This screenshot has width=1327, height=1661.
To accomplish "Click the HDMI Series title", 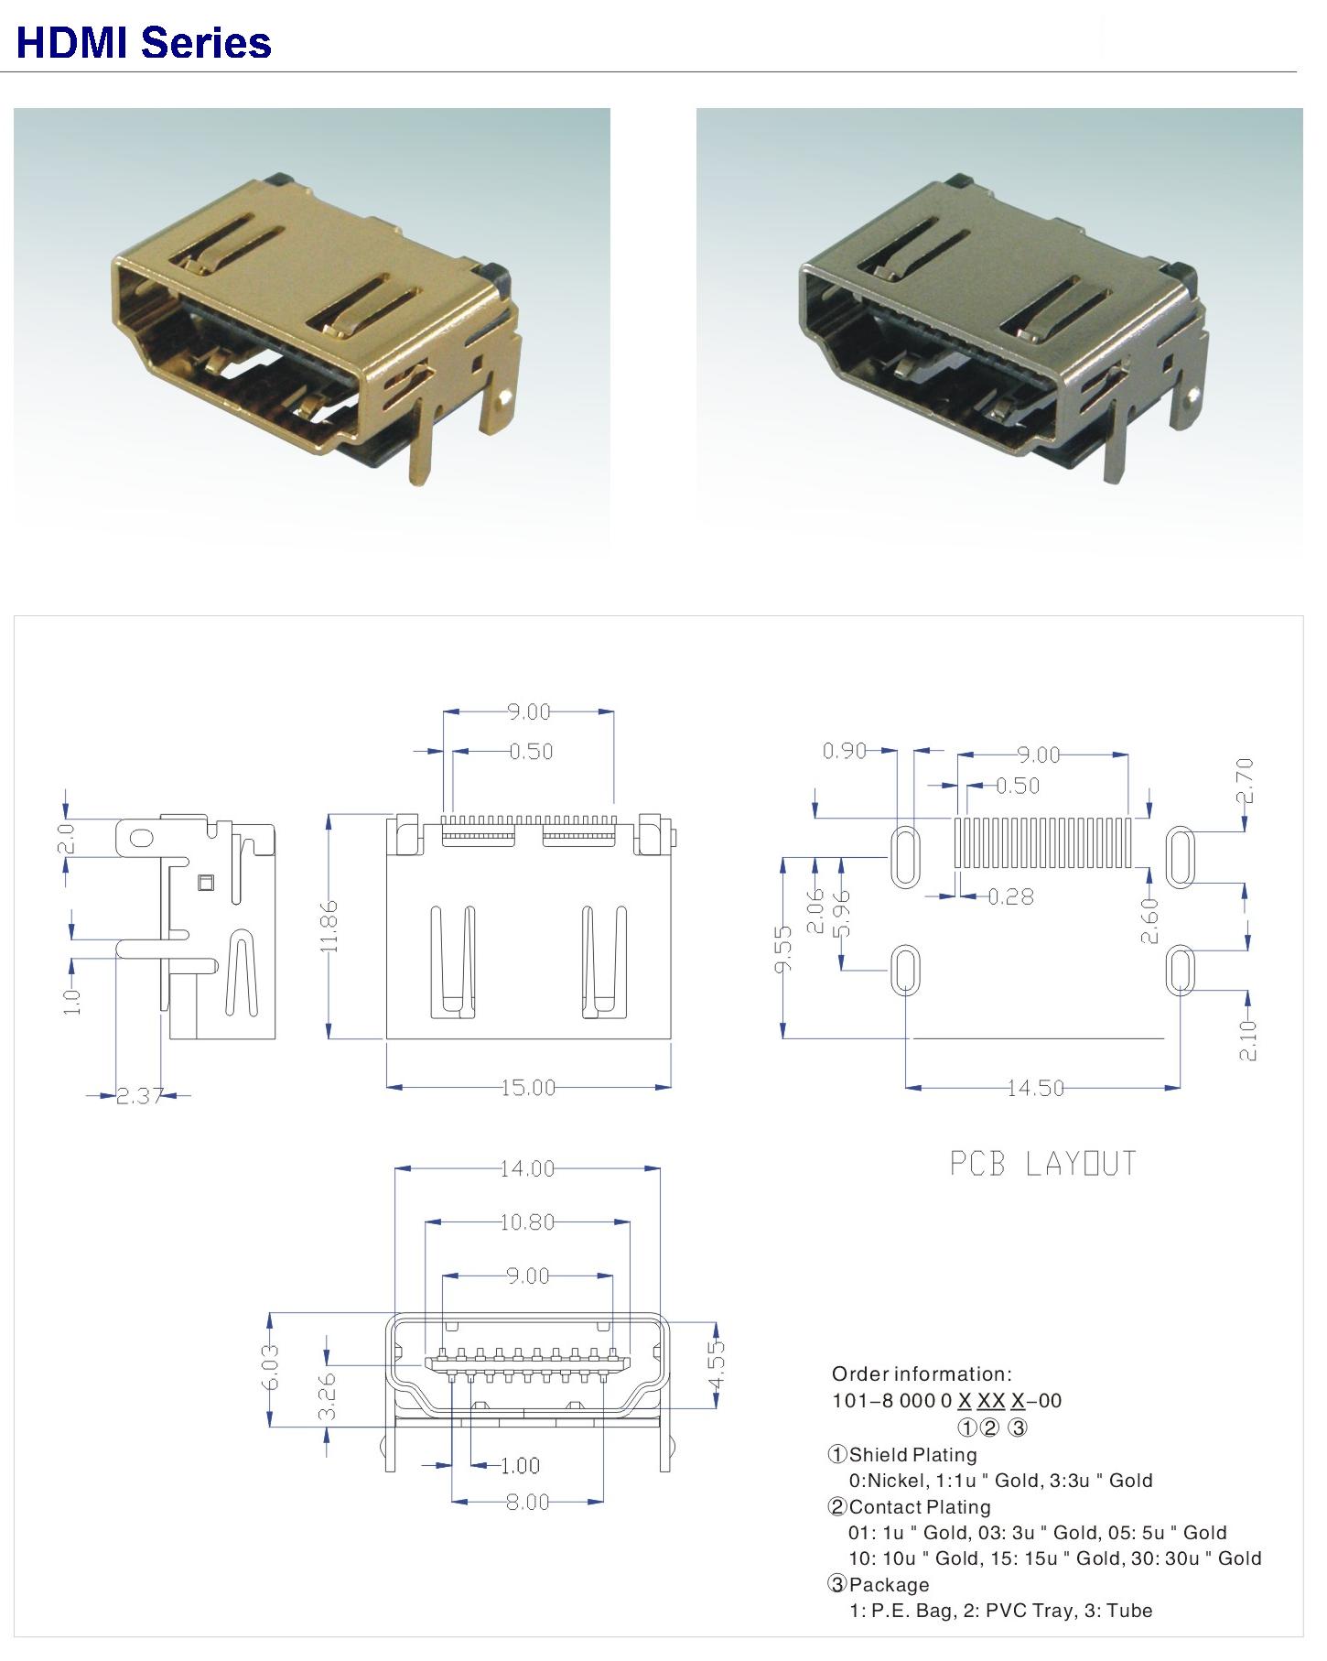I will [144, 43].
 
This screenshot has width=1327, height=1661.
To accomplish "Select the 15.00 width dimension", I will [528, 1088].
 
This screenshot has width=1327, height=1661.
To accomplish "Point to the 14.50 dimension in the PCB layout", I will [1036, 1088].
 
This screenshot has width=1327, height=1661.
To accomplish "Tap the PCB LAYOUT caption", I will [1042, 1164].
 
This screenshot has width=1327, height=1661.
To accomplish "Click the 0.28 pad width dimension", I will [1011, 896].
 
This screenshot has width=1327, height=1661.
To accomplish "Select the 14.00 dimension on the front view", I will [527, 1168].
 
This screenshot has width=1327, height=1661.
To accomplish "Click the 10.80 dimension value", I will [527, 1221].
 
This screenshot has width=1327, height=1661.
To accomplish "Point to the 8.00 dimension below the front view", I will [527, 1503].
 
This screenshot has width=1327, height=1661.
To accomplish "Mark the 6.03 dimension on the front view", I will [271, 1367].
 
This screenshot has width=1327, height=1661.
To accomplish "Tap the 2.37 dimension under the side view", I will [139, 1095].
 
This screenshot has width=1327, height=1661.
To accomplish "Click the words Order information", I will [922, 1373].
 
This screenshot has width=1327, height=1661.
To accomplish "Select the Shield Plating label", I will [912, 1454].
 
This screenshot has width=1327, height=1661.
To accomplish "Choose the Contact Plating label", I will [920, 1506].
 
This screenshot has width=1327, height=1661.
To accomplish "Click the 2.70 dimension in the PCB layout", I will [1245, 780].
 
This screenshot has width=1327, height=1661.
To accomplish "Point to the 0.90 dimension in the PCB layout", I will [844, 751].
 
